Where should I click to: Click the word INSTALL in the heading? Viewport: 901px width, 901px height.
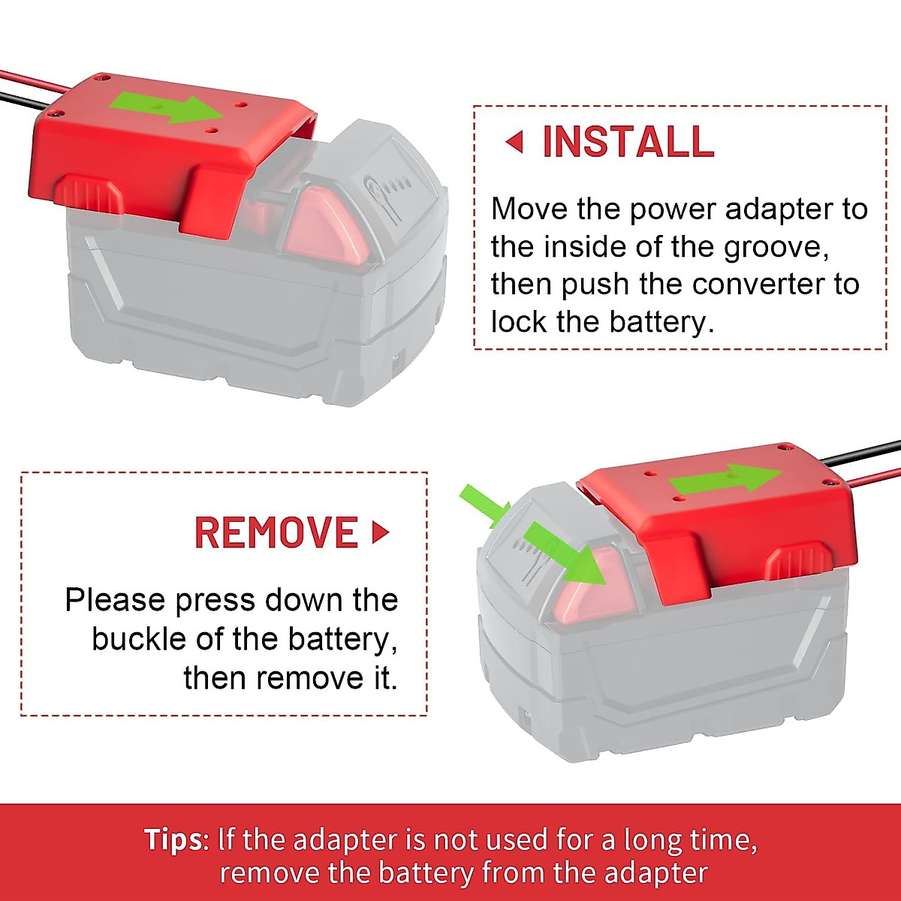click(628, 142)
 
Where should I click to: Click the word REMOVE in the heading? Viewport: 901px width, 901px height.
click(276, 532)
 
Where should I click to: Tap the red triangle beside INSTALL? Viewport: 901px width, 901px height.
click(514, 141)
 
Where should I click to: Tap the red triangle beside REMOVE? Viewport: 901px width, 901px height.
click(381, 532)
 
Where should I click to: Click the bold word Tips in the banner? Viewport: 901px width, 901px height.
click(173, 839)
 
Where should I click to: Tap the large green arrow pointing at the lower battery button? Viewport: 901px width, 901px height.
click(563, 553)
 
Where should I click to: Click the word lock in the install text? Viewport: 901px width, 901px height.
click(519, 321)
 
